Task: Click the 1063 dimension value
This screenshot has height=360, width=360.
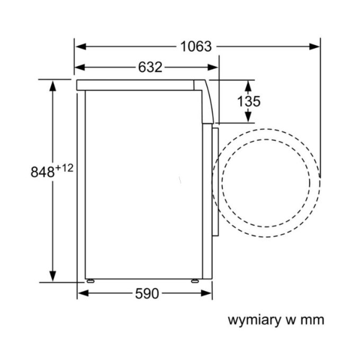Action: (x=196, y=47)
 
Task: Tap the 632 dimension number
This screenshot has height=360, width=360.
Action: (x=150, y=67)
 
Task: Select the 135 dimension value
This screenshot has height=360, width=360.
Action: (x=249, y=101)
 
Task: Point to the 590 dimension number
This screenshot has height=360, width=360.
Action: (x=147, y=293)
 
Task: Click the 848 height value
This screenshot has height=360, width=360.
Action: (x=43, y=172)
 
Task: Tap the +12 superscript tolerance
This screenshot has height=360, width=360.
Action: (x=64, y=168)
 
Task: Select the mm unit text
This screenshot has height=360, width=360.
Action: (x=312, y=320)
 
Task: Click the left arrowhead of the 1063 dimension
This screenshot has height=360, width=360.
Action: (x=81, y=47)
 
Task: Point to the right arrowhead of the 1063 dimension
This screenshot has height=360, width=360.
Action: (x=314, y=47)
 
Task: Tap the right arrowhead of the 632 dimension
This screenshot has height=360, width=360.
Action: (x=213, y=68)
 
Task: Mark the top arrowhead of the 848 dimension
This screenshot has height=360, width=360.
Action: (x=53, y=86)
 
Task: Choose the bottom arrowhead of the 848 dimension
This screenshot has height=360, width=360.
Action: (x=53, y=276)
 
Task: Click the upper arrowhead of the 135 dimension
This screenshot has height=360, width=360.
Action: (x=248, y=86)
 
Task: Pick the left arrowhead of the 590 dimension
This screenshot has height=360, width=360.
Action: (x=83, y=293)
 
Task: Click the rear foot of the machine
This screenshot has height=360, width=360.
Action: (x=90, y=281)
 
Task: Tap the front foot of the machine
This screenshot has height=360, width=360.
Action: (x=195, y=281)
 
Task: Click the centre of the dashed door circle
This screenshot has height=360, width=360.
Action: (x=266, y=183)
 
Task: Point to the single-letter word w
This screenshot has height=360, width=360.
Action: (x=291, y=320)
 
